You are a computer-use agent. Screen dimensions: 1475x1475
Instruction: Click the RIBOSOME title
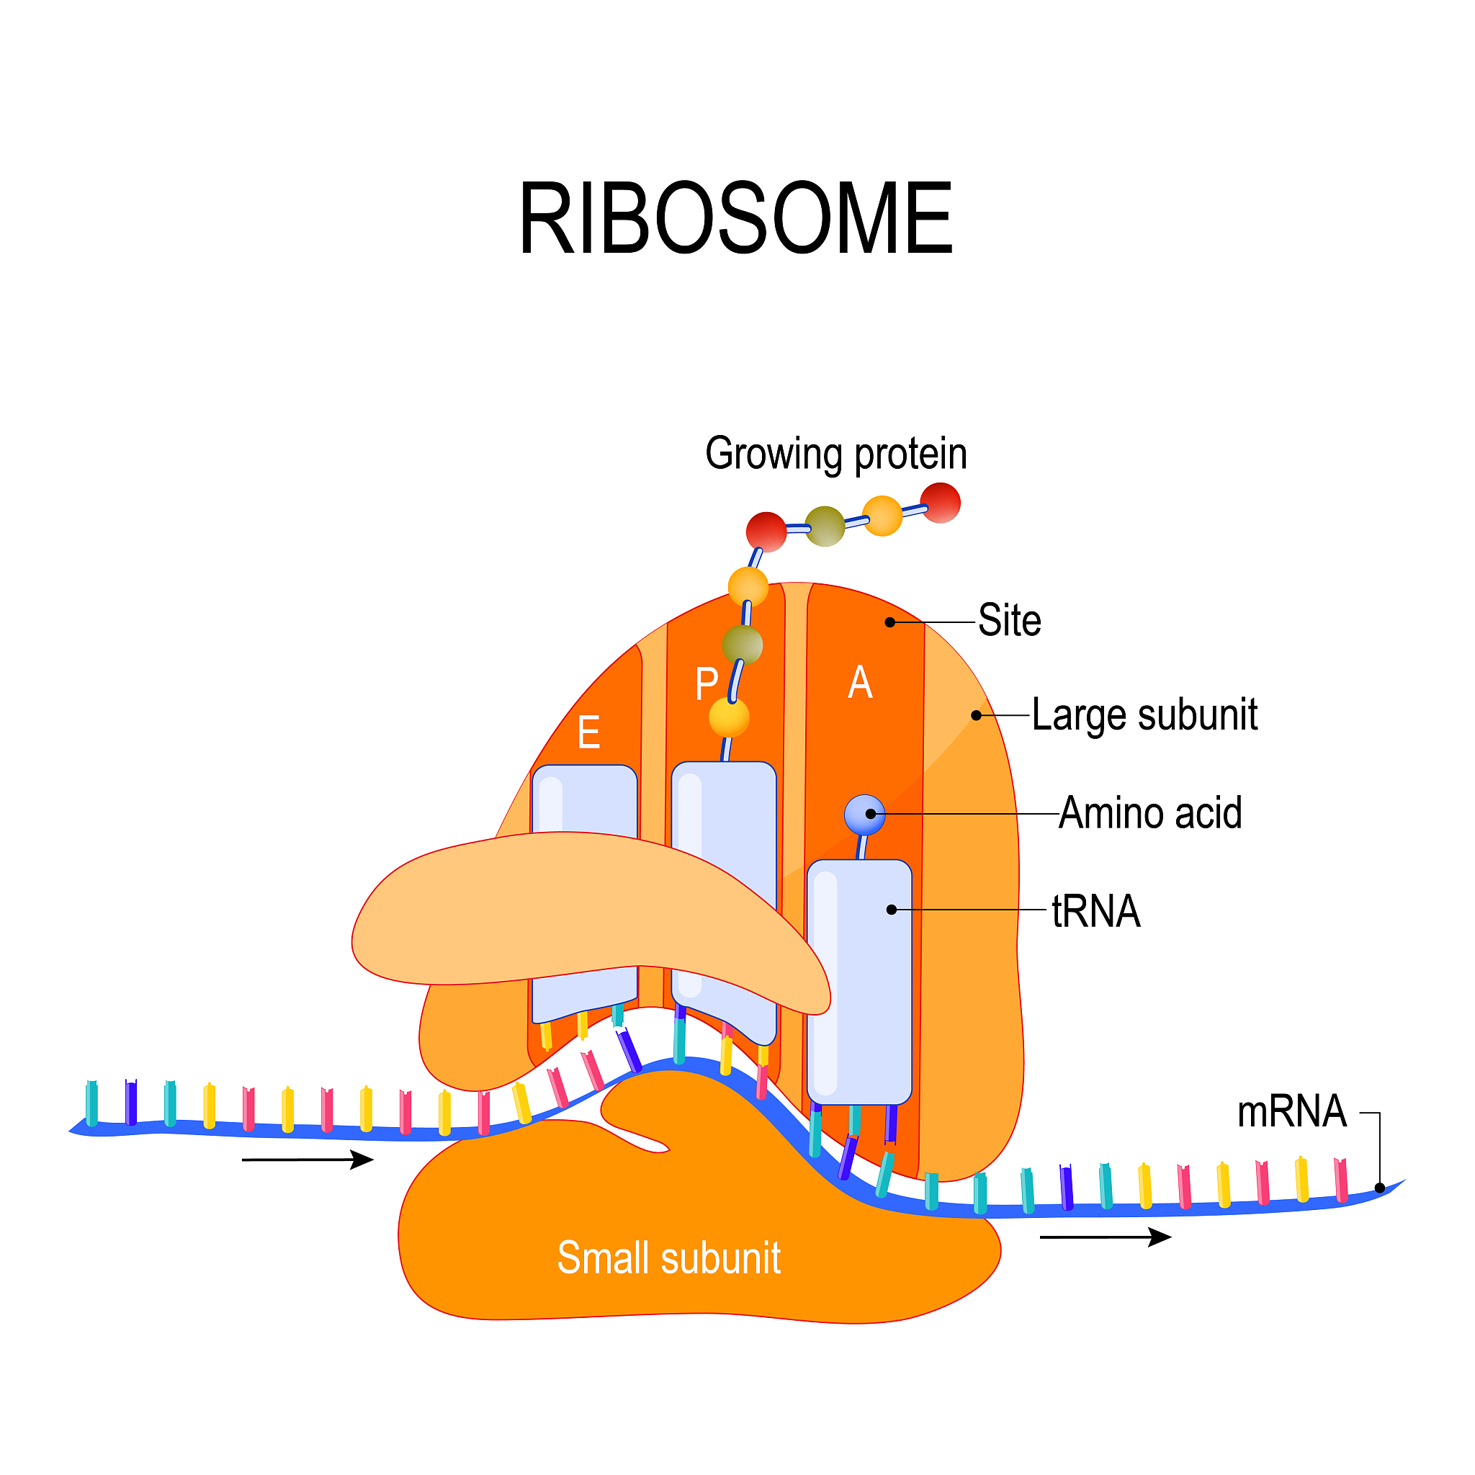pyautogui.click(x=735, y=219)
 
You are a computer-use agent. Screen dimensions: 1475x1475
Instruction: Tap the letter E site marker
pyautogui.click(x=588, y=733)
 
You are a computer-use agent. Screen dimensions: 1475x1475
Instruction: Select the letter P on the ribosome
pyautogui.click(x=707, y=683)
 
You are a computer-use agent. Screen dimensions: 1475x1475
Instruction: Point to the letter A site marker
pyautogui.click(x=860, y=682)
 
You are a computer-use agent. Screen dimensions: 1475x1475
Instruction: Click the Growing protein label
pyautogui.click(x=836, y=454)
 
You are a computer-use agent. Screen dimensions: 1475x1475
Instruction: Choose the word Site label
pyautogui.click(x=1009, y=620)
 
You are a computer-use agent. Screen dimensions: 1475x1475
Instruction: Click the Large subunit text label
pyautogui.click(x=1144, y=715)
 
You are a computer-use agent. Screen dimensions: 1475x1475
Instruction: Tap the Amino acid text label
pyautogui.click(x=1149, y=813)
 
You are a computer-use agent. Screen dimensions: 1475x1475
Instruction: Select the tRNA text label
pyautogui.click(x=1095, y=912)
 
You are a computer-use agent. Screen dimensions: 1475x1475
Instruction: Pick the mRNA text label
pyautogui.click(x=1291, y=1111)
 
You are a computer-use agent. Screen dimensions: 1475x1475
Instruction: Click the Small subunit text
pyautogui.click(x=669, y=1257)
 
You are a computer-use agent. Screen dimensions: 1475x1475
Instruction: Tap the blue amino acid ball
pyautogui.click(x=864, y=815)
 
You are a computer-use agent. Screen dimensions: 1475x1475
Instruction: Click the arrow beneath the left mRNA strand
pyautogui.click(x=307, y=1160)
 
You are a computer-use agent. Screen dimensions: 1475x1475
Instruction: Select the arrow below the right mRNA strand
pyautogui.click(x=1105, y=1237)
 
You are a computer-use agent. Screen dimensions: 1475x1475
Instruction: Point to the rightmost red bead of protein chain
pyautogui.click(x=940, y=503)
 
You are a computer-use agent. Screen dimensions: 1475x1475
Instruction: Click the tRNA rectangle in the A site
pyautogui.click(x=859, y=985)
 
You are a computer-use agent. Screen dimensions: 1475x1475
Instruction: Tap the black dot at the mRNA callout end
pyautogui.click(x=1379, y=1188)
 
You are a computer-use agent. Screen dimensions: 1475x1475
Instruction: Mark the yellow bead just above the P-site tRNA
pyautogui.click(x=729, y=717)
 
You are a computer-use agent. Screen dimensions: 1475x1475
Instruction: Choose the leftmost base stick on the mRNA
pyautogui.click(x=91, y=1103)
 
